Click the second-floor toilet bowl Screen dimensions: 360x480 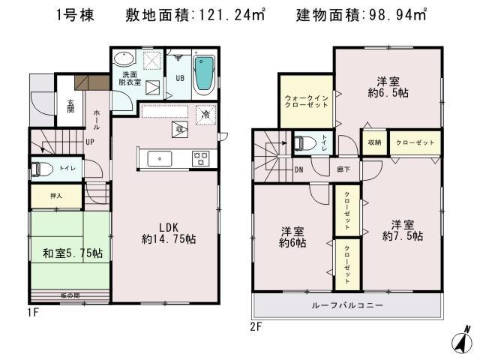tap(303, 142)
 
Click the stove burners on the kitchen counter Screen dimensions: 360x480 tap(201, 158)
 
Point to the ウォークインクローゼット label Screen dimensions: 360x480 tap(306, 102)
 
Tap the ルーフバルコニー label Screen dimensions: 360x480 tap(348, 306)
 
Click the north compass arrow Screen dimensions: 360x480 tap(462, 337)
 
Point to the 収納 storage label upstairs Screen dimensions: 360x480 tap(373, 142)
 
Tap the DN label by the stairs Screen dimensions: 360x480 tap(298, 169)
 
